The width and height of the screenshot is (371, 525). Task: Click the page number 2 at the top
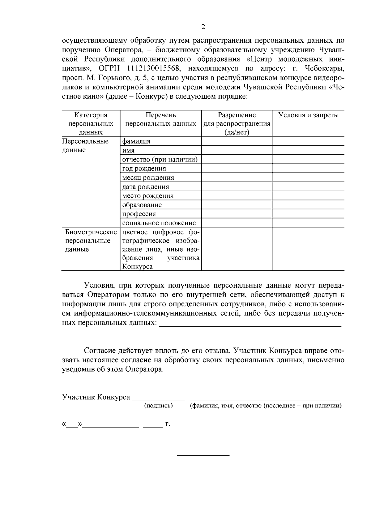coord(203,27)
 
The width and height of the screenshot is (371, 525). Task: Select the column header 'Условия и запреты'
coord(308,115)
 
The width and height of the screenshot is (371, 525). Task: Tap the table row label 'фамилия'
coord(136,141)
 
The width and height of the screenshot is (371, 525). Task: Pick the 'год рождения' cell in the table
coord(144,169)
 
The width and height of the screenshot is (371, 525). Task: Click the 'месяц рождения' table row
coord(148,178)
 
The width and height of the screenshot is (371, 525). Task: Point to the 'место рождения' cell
coord(148,196)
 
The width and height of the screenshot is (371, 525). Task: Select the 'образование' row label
coord(142,205)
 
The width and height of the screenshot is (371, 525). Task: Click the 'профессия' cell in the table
coord(139,214)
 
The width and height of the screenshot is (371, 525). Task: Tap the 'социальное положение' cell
coord(159,223)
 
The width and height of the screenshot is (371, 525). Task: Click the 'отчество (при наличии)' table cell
coord(160,160)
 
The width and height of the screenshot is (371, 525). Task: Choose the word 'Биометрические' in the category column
coord(91,232)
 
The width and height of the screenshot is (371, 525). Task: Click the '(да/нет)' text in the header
coord(237,132)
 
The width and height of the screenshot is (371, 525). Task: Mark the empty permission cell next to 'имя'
coord(237,150)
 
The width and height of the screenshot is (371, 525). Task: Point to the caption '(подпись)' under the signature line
coord(158,406)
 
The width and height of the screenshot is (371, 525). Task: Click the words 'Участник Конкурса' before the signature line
coord(96,397)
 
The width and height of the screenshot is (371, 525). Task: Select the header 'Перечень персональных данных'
coord(160,119)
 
